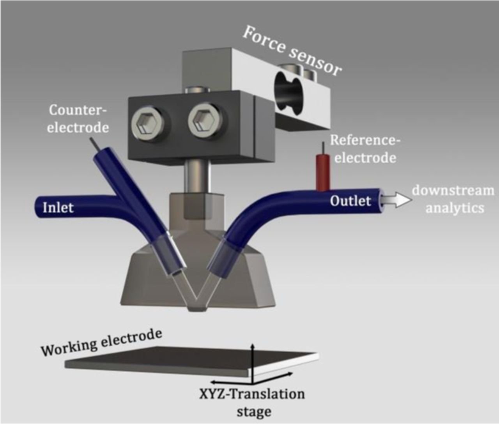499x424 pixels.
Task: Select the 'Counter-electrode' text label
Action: point(78,118)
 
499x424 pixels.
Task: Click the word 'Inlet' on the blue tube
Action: point(58,207)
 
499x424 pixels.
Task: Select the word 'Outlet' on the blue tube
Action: point(350,201)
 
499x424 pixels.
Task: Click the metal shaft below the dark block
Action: point(197,176)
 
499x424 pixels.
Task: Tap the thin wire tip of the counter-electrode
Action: point(93,142)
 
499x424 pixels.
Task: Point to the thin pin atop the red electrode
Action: point(323,148)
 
